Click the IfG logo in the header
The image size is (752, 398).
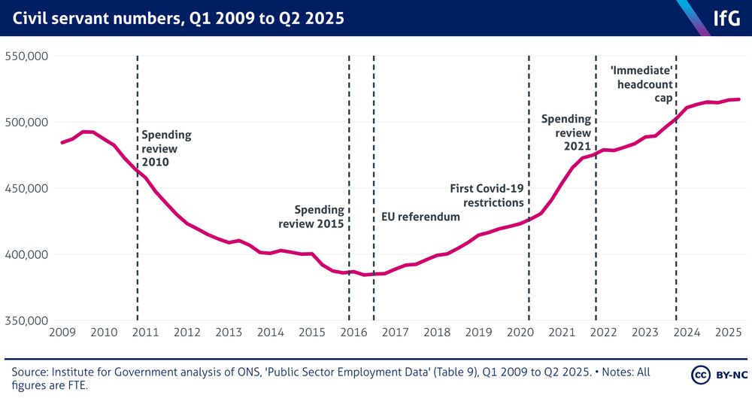coord(727,17)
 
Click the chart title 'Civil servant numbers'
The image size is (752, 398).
coord(177,17)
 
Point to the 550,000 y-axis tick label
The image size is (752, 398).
coord(27,56)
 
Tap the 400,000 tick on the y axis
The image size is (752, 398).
coord(27,254)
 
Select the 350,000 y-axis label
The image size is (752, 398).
coord(27,321)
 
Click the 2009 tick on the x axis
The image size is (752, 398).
coord(62,333)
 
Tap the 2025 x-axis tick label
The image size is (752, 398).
coord(726,333)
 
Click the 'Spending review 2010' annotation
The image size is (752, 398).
coord(166,148)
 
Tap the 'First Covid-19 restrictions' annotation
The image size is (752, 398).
coord(486,196)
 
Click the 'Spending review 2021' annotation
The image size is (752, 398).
coord(566,132)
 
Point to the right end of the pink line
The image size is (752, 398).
coord(739,99)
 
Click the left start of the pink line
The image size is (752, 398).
coord(62,142)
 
